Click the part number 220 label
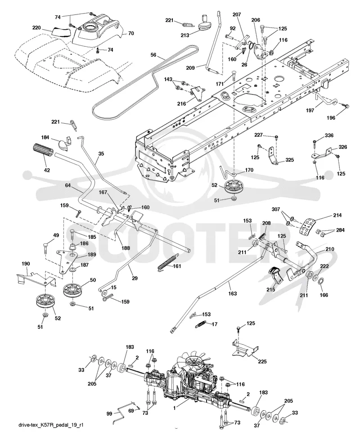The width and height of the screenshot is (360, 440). click(36, 28)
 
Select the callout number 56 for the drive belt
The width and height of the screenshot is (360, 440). click(153, 55)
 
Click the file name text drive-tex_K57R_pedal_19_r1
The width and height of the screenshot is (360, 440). click(51, 425)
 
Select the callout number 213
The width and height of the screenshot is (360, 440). click(184, 35)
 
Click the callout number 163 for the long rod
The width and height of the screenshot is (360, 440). click(232, 293)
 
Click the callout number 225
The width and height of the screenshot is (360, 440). click(262, 361)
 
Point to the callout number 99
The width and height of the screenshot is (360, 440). click(109, 414)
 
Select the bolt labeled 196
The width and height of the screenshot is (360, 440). click(345, 106)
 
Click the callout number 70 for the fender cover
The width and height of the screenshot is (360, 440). click(131, 33)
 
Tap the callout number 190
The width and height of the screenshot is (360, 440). click(26, 264)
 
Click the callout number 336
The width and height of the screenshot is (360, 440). click(329, 135)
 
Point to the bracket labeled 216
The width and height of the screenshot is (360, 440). click(198, 94)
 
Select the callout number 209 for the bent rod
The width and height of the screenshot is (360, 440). click(190, 67)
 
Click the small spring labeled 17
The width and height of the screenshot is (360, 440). click(201, 325)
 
